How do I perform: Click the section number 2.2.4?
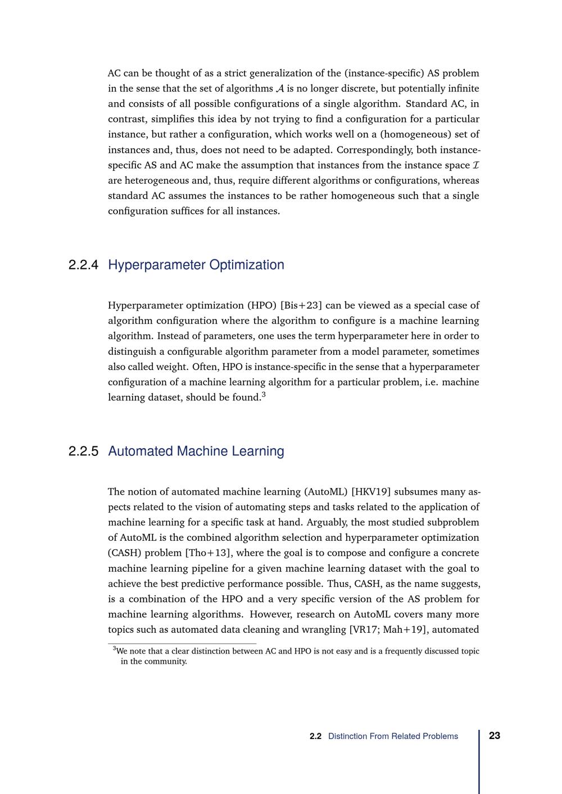tap(83, 265)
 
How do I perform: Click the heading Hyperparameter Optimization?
tap(196, 265)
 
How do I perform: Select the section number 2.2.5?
tap(83, 451)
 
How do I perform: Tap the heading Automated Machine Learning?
tap(196, 451)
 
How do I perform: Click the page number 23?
tap(495, 736)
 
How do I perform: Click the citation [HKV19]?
tap(370, 492)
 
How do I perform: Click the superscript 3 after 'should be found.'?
tap(264, 395)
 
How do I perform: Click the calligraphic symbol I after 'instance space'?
tap(476, 165)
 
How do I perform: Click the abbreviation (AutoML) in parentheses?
tap(325, 492)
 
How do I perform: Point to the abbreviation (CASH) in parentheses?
tap(125, 553)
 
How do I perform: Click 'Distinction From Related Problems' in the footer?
tap(393, 736)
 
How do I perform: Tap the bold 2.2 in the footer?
tap(315, 736)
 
